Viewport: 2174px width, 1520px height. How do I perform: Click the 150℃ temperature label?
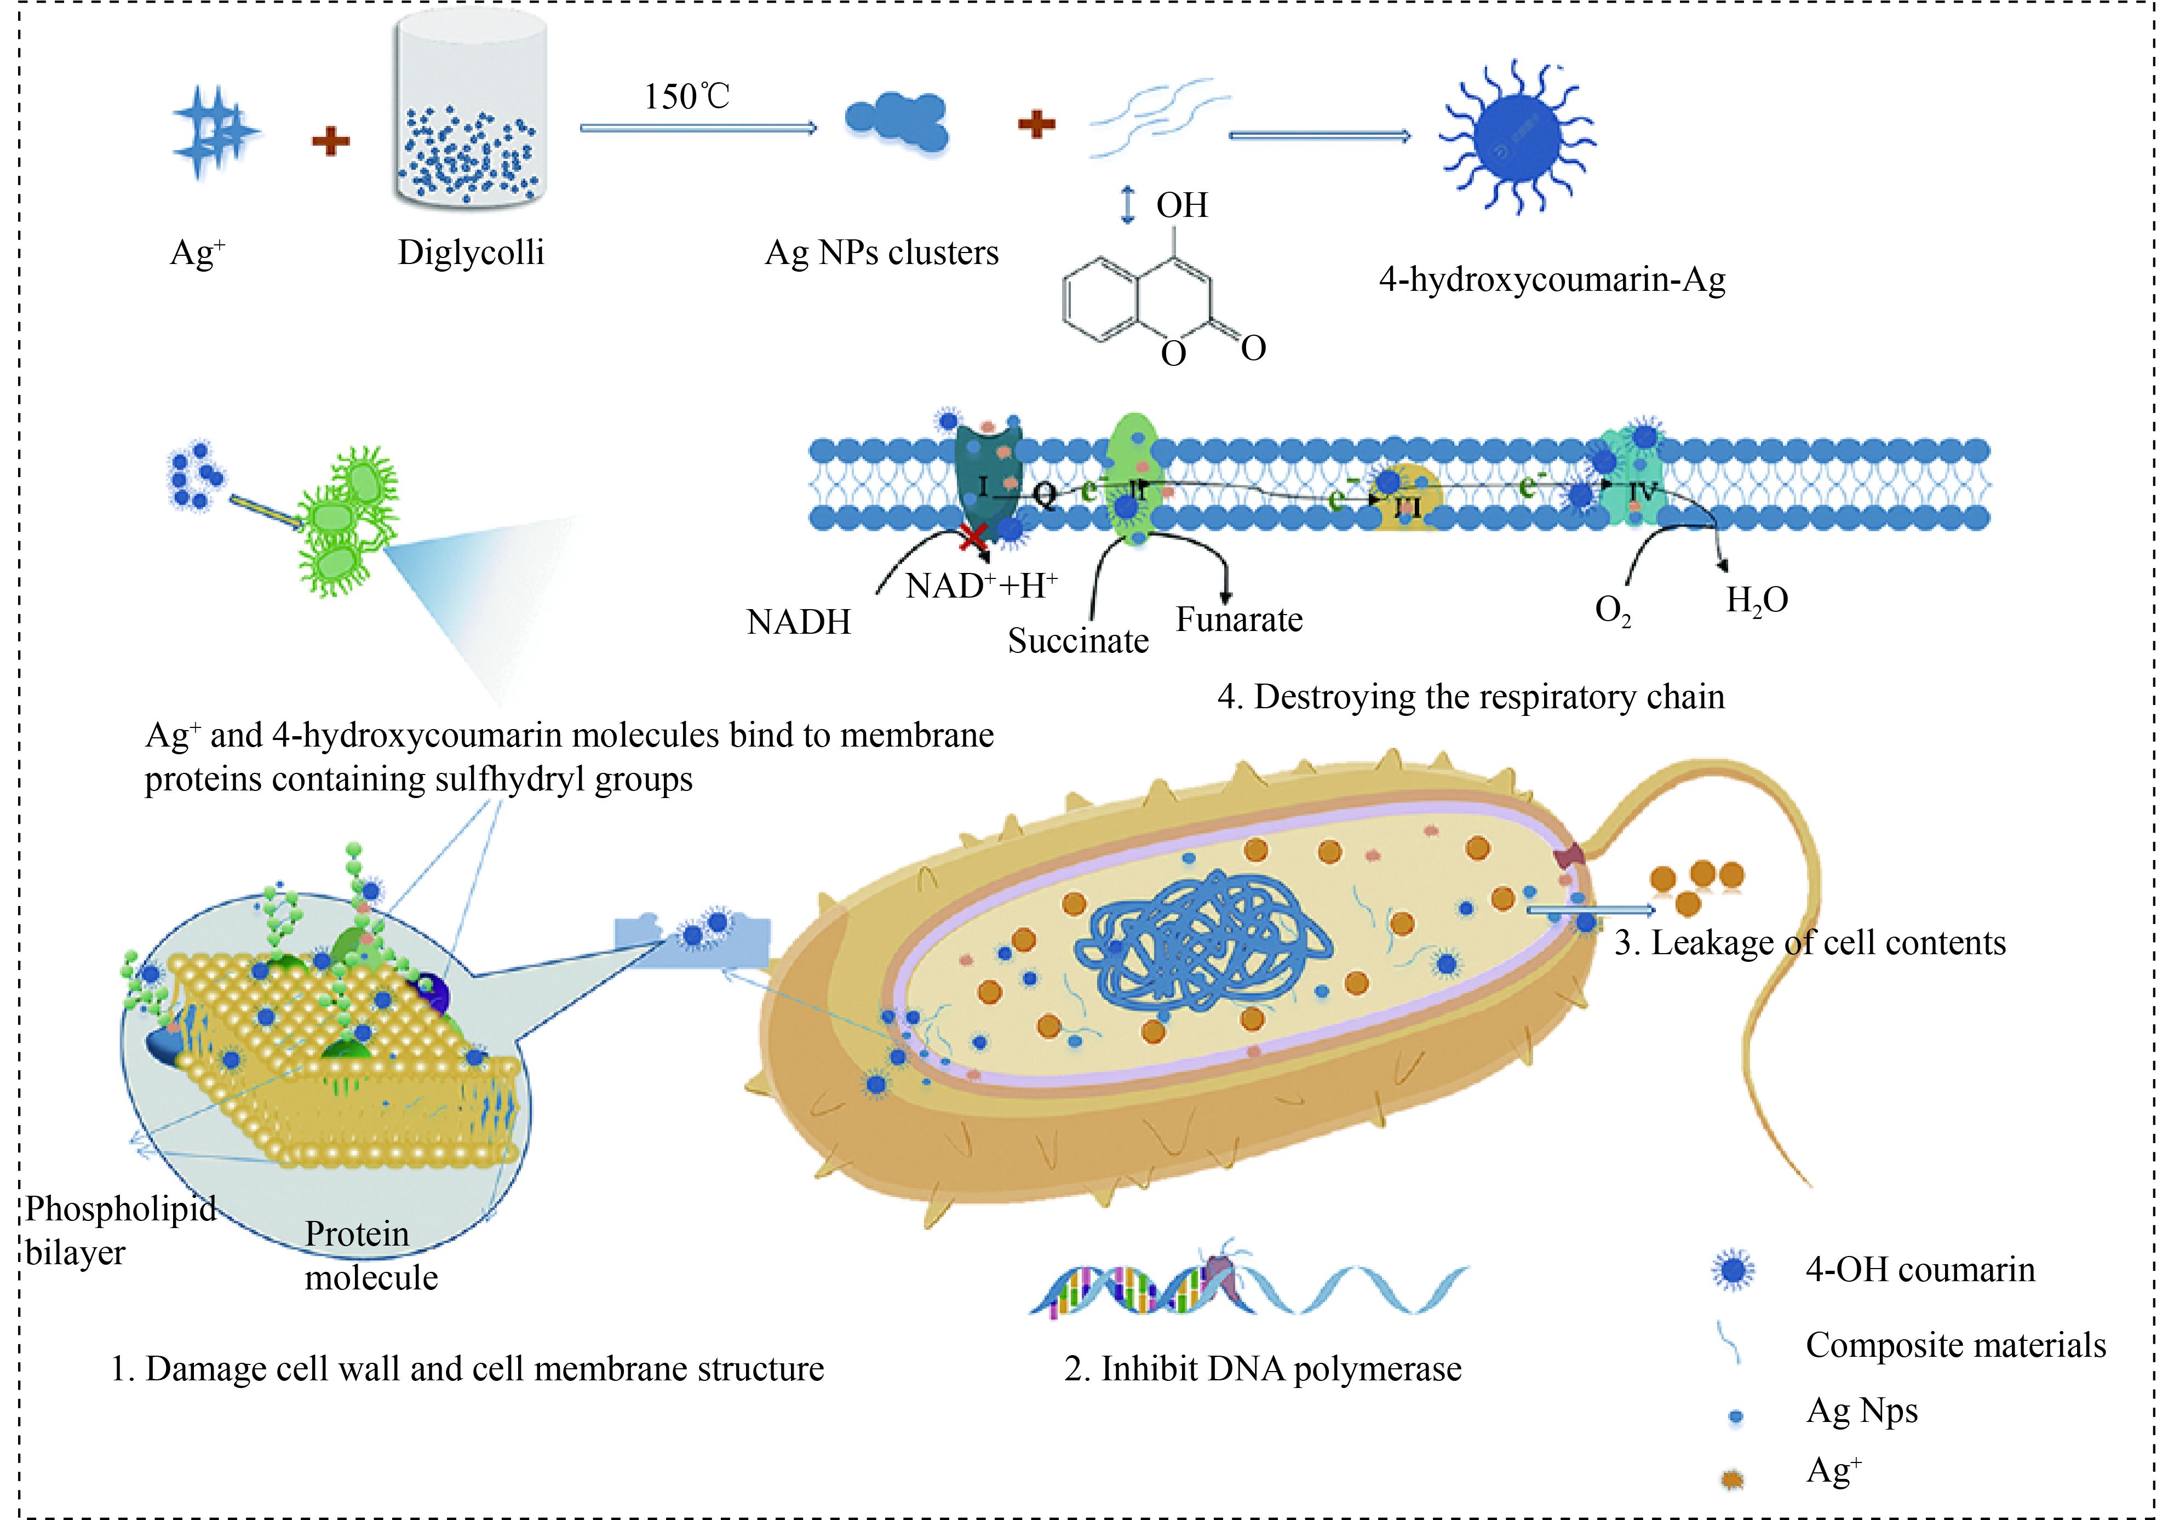[686, 96]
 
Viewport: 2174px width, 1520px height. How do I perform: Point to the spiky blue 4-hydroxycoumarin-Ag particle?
[1517, 138]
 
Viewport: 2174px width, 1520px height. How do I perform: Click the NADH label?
[798, 622]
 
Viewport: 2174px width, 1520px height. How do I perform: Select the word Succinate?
[1077, 641]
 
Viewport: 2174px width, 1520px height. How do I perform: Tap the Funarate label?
[1238, 620]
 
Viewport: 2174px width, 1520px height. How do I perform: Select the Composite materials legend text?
[1955, 1345]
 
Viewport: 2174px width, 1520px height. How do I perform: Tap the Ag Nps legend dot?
[1736, 1417]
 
